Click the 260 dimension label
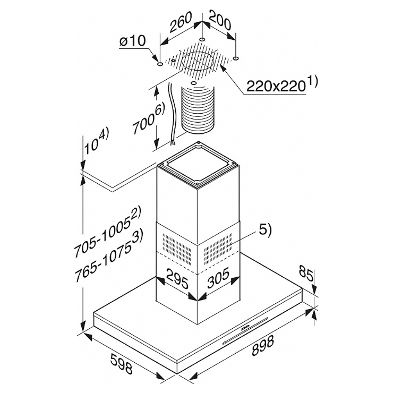tap(181, 22)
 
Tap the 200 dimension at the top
tap(220, 20)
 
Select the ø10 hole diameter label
tap(132, 41)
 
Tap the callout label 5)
tap(265, 230)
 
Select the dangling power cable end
tap(173, 142)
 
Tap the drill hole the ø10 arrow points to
tap(160, 65)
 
